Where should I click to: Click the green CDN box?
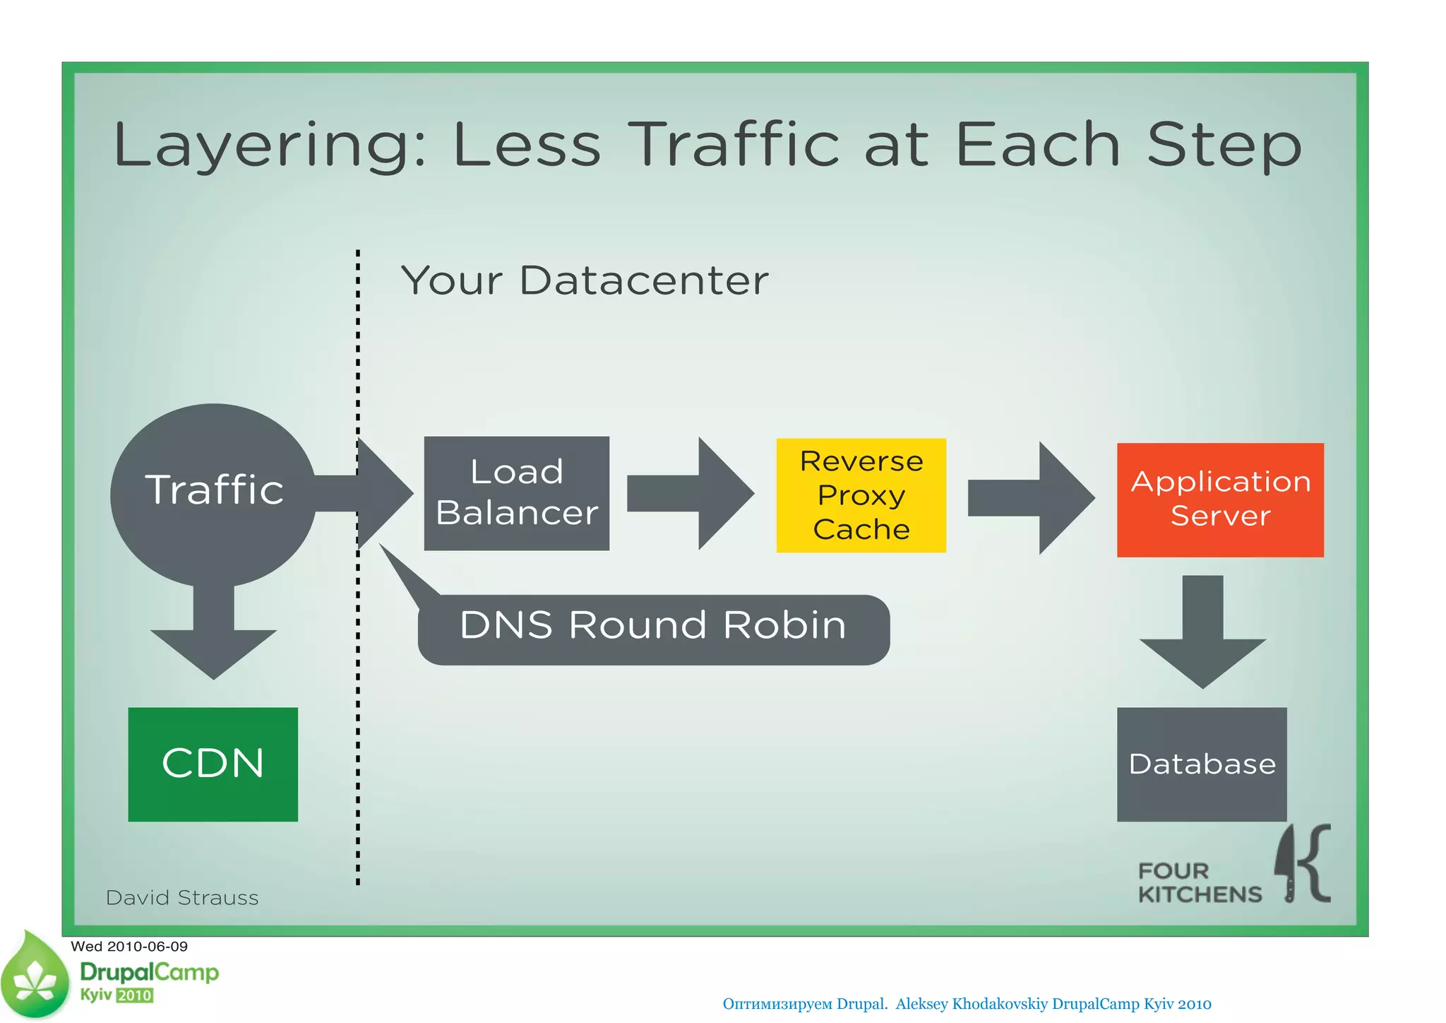coord(213,764)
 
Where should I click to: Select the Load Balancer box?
coord(516,493)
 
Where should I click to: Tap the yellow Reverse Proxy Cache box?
coord(861,495)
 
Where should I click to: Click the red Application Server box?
coord(1219,499)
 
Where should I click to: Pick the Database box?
coord(1201,764)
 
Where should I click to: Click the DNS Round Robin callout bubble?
coord(652,629)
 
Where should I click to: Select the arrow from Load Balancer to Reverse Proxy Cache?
coord(690,493)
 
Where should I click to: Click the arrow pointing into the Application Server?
coord(1031,497)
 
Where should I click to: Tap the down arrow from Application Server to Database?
coord(1202,632)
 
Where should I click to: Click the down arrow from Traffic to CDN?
coord(213,632)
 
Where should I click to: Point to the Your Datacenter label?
coord(585,280)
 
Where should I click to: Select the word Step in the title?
coord(1224,145)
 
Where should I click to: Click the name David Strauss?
coord(182,897)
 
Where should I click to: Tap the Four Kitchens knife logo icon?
coord(1303,864)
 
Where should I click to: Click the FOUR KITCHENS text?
coord(1199,882)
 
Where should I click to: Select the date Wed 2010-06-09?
coord(129,946)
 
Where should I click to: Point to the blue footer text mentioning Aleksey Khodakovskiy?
coord(967,1003)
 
